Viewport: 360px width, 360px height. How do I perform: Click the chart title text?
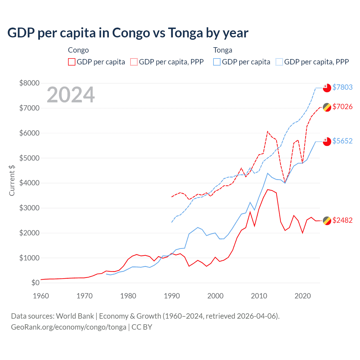tap(128, 33)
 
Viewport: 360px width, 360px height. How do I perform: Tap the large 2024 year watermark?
tap(71, 95)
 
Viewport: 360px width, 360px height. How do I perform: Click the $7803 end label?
tap(342, 87)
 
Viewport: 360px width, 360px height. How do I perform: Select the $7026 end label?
tap(342, 107)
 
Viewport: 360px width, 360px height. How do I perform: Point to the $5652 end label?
tap(342, 141)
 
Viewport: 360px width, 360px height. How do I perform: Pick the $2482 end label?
tap(342, 220)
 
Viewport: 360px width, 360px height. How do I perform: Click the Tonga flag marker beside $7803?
tap(327, 88)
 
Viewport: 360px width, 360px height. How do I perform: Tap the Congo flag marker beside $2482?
tap(327, 221)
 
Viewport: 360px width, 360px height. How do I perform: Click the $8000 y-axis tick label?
tap(29, 83)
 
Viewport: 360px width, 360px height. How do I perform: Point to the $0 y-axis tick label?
tap(35, 283)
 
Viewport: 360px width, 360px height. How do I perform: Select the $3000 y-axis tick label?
tap(29, 208)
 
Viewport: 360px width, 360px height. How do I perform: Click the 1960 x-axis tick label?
tap(41, 296)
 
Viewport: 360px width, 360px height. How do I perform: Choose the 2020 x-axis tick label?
tap(303, 296)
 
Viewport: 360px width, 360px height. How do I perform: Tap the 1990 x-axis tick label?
tap(172, 296)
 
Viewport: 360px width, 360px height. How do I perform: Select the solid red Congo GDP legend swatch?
tap(72, 62)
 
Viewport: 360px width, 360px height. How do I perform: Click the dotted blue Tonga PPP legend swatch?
tap(279, 62)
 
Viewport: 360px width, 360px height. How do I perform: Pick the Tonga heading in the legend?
tap(223, 50)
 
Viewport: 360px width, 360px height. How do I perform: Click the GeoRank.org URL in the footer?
tap(69, 327)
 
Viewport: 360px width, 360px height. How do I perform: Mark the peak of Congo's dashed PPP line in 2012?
tap(268, 131)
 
